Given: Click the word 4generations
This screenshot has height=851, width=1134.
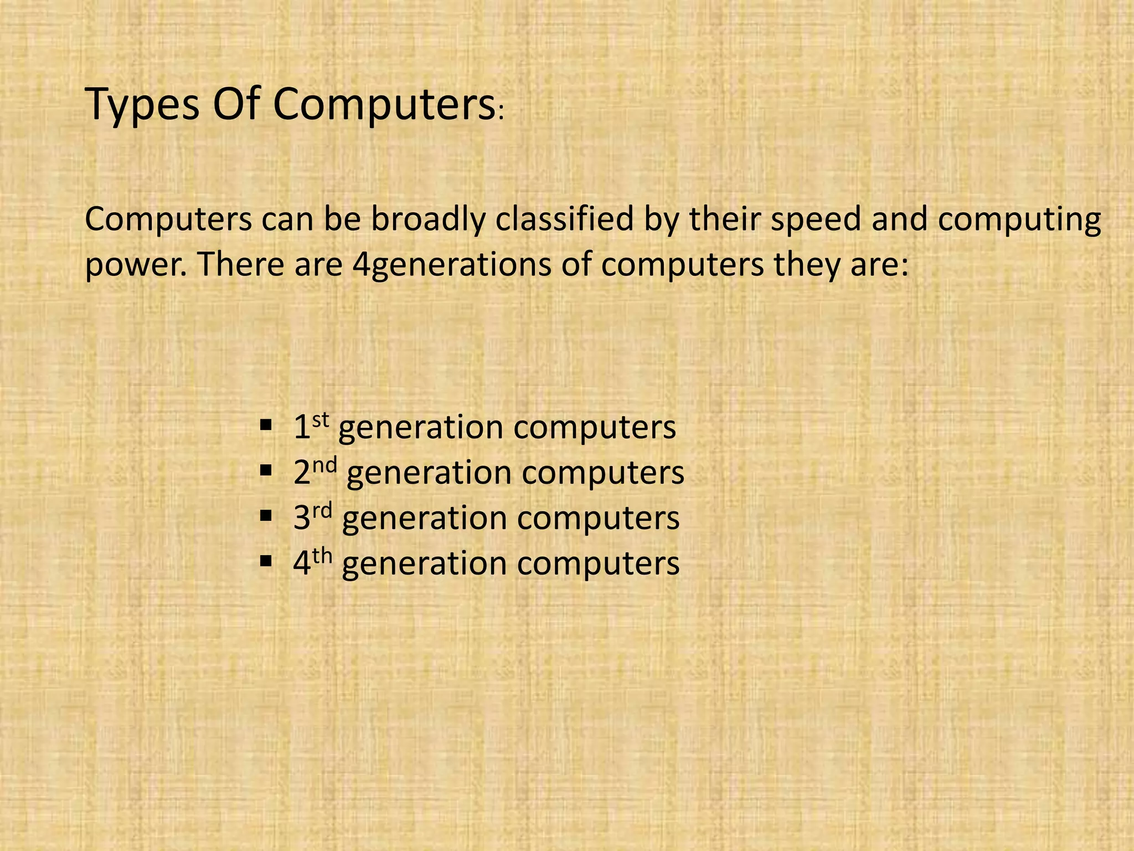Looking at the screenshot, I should point(452,265).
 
